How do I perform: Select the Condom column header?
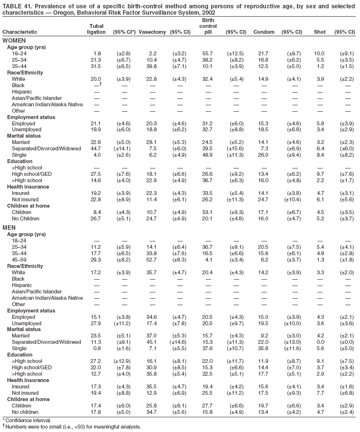pyautogui.click(x=264, y=32)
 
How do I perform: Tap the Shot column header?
pyautogui.click(x=319, y=32)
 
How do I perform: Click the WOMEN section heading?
pyautogui.click(x=14, y=40)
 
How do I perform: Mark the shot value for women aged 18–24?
pyautogui.click(x=319, y=53)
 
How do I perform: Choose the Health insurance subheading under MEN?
pyautogui.click(x=26, y=380)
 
